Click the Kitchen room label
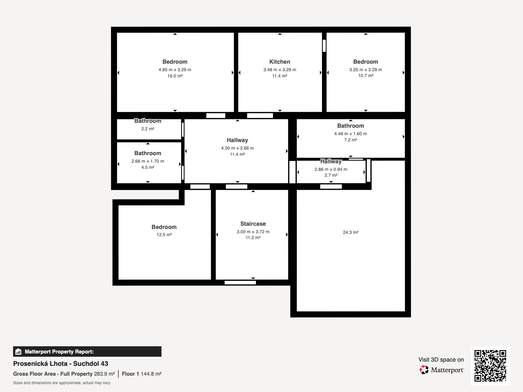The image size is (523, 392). (280, 62)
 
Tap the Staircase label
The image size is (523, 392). (253, 224)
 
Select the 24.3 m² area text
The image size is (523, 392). (350, 232)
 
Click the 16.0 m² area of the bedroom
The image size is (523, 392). (175, 76)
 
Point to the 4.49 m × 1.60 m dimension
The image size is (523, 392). (350, 134)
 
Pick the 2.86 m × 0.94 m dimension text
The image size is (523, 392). (331, 169)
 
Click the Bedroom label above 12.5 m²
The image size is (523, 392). (164, 227)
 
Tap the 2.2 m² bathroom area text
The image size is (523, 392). (148, 129)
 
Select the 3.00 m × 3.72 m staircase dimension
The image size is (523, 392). (253, 232)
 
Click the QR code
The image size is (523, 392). (490, 366)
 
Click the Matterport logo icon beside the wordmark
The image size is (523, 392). (424, 370)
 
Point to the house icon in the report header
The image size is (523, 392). (18, 351)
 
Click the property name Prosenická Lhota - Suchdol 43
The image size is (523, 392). (60, 364)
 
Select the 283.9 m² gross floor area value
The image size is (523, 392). (104, 374)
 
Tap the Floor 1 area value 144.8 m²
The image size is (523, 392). (151, 374)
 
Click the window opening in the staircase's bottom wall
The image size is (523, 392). (240, 283)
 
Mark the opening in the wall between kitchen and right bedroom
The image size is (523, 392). (324, 46)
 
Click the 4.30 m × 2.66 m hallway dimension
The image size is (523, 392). (237, 148)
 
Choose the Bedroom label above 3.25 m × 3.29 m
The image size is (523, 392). (365, 62)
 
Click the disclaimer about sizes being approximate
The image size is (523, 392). (61, 383)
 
